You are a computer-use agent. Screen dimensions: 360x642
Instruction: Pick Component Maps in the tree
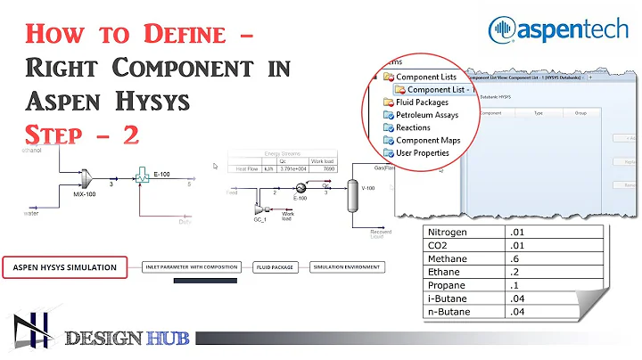[x=429, y=140]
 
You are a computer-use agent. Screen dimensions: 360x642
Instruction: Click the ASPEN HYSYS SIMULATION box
[x=66, y=266]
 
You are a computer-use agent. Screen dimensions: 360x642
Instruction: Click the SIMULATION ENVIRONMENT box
[x=346, y=266]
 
